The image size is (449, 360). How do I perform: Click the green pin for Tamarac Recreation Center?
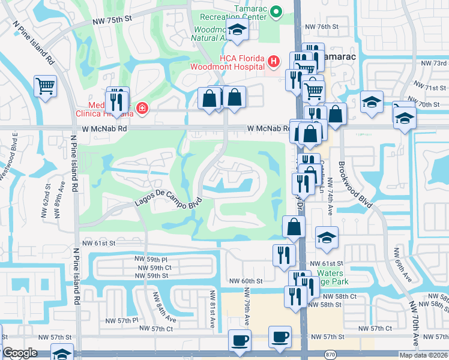click(x=276, y=11)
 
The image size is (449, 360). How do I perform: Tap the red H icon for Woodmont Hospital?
click(x=273, y=61)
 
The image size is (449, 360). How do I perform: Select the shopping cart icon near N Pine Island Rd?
click(x=45, y=86)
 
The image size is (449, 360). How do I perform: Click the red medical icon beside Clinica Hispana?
click(x=142, y=109)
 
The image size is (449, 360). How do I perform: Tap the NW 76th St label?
click(x=322, y=27)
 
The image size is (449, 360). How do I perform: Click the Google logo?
click(x=20, y=353)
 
